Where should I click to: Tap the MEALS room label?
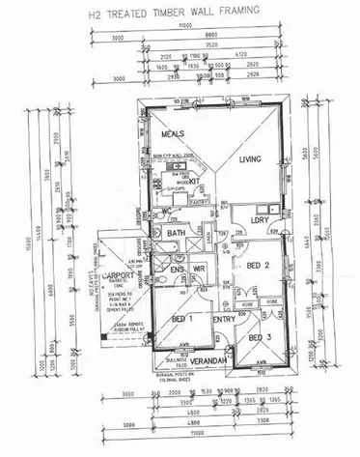click(x=174, y=134)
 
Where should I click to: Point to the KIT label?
click(x=193, y=180)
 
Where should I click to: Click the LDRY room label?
click(x=259, y=221)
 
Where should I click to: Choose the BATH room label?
click(x=176, y=233)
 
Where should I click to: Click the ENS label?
click(x=177, y=269)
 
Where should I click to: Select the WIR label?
click(x=201, y=269)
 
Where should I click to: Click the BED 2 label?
click(x=258, y=265)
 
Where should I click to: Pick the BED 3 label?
click(x=258, y=337)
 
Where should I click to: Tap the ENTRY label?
click(x=224, y=318)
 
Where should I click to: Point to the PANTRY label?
click(x=201, y=202)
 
